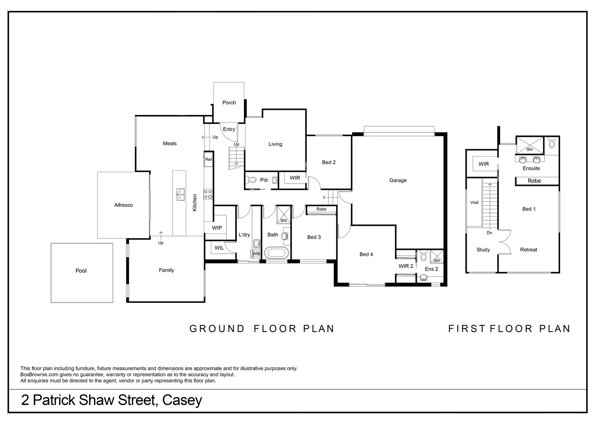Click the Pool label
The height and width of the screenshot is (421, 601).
click(x=81, y=271)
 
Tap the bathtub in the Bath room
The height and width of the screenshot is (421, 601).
click(x=277, y=253)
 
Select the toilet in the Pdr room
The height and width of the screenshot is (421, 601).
click(x=252, y=180)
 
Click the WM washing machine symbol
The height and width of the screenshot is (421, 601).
click(x=256, y=254)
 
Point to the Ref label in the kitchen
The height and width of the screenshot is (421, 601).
click(x=208, y=159)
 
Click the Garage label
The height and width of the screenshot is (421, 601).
click(x=398, y=180)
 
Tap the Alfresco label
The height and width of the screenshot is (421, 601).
click(x=123, y=205)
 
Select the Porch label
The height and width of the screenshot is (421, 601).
click(x=229, y=103)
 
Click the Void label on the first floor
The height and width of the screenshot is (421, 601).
click(x=474, y=202)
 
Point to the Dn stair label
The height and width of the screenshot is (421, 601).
click(x=489, y=233)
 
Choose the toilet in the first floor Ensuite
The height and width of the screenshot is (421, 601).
click(x=551, y=143)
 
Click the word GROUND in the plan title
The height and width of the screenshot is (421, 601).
click(x=217, y=329)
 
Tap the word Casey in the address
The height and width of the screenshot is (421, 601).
click(x=182, y=400)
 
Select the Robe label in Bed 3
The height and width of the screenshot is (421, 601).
click(x=321, y=209)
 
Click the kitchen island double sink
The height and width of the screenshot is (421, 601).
click(x=180, y=194)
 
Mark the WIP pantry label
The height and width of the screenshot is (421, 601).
click(x=217, y=228)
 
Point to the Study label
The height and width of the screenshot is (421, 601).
click(x=483, y=250)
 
